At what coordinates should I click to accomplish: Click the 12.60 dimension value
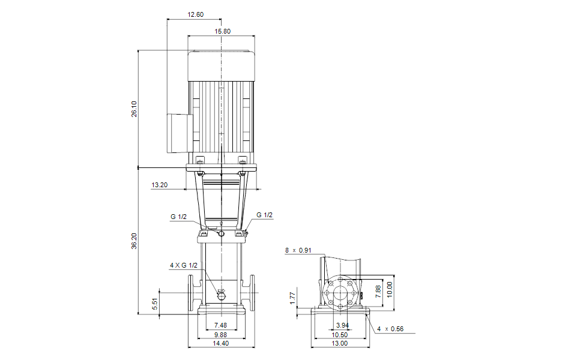(196, 14)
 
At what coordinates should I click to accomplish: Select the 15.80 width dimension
(222, 31)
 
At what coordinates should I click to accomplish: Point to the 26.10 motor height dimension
(134, 109)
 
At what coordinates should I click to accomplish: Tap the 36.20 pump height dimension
(134, 241)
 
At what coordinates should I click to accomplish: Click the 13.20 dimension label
(160, 185)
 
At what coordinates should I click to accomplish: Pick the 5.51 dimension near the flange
(155, 304)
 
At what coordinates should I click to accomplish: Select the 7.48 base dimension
(220, 326)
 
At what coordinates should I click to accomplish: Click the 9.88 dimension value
(220, 335)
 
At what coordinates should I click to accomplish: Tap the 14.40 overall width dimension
(221, 343)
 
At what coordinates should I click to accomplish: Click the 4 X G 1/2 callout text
(184, 265)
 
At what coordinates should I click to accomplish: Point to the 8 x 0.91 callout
(298, 250)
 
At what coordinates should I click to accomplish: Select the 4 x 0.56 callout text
(390, 329)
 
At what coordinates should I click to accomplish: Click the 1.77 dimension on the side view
(292, 298)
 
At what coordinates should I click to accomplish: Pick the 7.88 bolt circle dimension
(378, 291)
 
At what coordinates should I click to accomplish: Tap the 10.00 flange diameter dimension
(390, 289)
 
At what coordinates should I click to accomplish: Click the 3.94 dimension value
(342, 325)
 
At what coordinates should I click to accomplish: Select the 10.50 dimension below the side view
(340, 335)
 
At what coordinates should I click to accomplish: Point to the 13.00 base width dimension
(340, 343)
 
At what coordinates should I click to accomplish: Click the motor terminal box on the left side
(180, 133)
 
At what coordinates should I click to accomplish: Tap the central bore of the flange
(340, 293)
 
